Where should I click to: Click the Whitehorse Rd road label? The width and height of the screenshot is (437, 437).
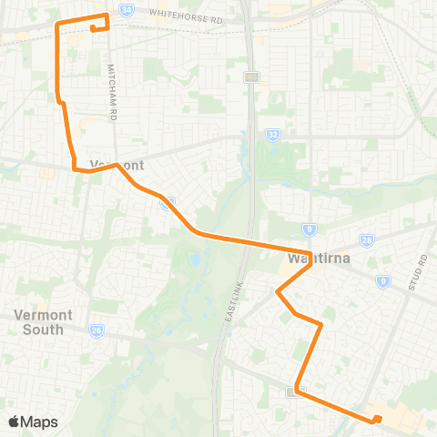click(x=186, y=18)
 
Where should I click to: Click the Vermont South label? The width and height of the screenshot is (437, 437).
click(x=38, y=321)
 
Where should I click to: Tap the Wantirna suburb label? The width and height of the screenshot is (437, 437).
click(x=320, y=259)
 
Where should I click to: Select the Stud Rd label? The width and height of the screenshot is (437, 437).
click(x=420, y=260)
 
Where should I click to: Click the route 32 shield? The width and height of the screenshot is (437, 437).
click(x=274, y=134)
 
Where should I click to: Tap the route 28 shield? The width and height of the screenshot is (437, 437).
click(x=366, y=239)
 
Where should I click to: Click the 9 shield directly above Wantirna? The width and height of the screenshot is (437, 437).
click(x=311, y=229)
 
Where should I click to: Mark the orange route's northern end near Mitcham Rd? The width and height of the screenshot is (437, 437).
click(x=93, y=29)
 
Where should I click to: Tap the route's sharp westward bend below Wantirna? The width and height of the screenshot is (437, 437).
click(x=278, y=292)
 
